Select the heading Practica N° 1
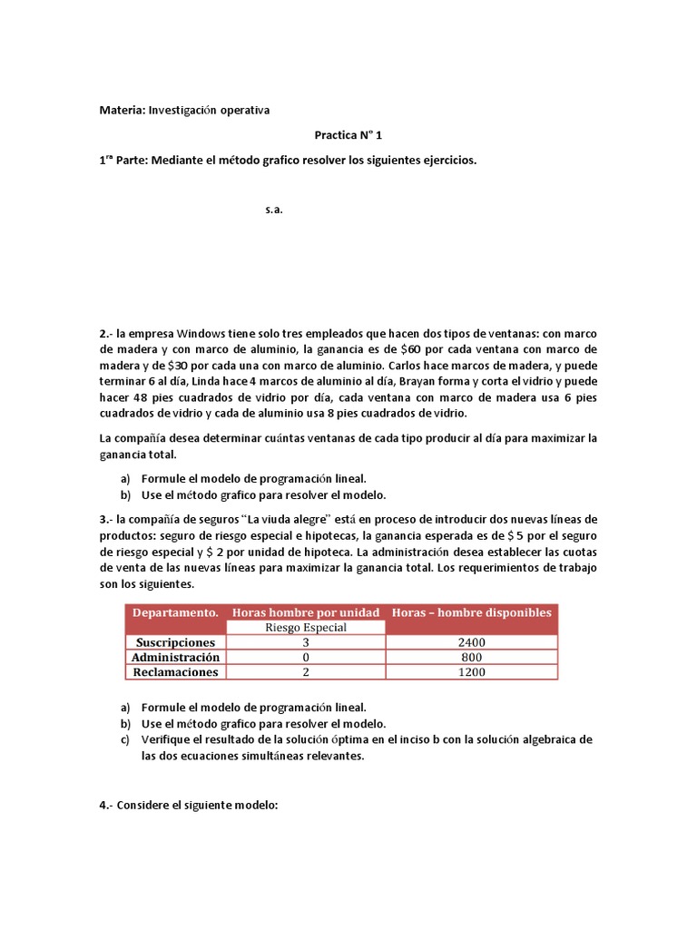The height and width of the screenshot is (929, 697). (348, 135)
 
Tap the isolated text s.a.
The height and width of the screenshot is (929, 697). (275, 210)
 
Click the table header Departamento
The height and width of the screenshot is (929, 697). (175, 612)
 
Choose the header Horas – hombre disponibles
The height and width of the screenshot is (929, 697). (471, 612)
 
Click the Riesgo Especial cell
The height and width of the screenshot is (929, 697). (306, 627)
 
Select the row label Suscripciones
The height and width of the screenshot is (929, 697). (175, 642)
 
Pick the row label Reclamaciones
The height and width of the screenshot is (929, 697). (175, 672)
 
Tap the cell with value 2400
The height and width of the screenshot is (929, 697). (471, 642)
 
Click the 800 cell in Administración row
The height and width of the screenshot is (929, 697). (471, 657)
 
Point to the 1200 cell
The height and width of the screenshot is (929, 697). (471, 672)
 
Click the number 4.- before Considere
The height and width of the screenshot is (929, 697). (107, 803)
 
